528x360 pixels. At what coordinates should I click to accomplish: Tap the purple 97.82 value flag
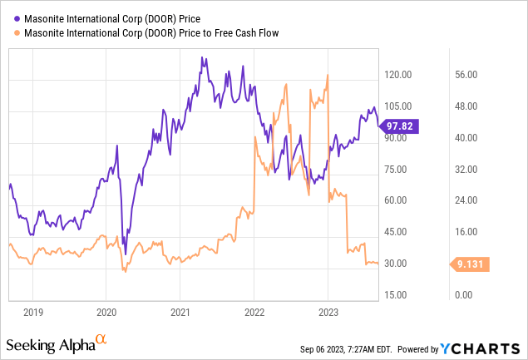pyautogui.click(x=400, y=126)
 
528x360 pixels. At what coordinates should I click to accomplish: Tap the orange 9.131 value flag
pyautogui.click(x=471, y=264)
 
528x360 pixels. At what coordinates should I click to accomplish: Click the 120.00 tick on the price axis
pyautogui.click(x=398, y=75)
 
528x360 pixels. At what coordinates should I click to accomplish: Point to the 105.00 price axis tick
pyautogui.click(x=398, y=106)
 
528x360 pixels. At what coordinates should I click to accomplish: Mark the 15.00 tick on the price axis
pyautogui.click(x=400, y=295)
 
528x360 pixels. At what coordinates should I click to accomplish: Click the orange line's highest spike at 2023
pyautogui.click(x=328, y=76)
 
